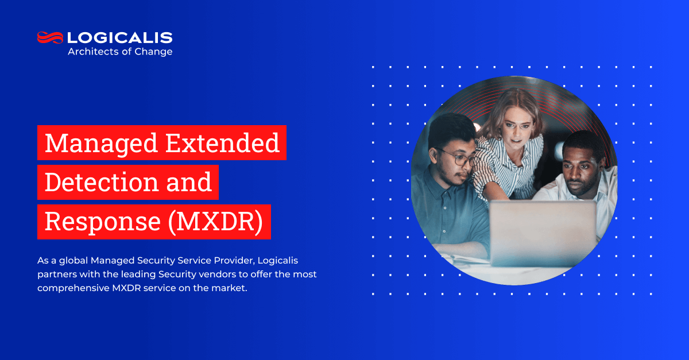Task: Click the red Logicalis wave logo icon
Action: click(50, 37)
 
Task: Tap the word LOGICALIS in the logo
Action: click(120, 38)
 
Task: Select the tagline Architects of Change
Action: click(120, 52)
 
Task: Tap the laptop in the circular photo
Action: click(542, 233)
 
